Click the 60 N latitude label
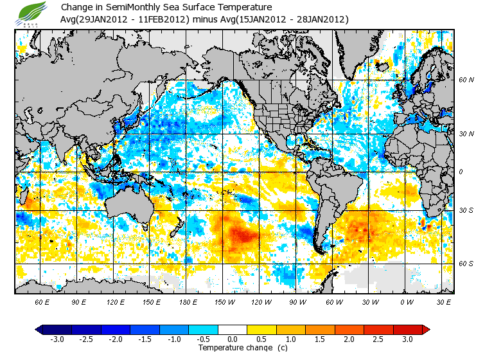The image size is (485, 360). [x=466, y=80]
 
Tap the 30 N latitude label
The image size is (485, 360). [x=466, y=134]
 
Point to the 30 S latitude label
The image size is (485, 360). [x=466, y=210]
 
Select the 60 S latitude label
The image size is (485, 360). [x=466, y=264]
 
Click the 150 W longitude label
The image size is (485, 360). [x=226, y=301]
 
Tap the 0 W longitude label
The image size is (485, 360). [x=406, y=301]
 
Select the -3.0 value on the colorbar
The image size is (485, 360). [x=57, y=339]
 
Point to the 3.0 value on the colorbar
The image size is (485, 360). [x=408, y=339]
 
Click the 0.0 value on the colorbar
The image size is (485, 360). [x=232, y=339]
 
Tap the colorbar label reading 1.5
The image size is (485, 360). [x=320, y=339]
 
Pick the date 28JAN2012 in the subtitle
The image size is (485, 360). [x=318, y=19]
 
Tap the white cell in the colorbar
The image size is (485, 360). [x=232, y=330]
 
